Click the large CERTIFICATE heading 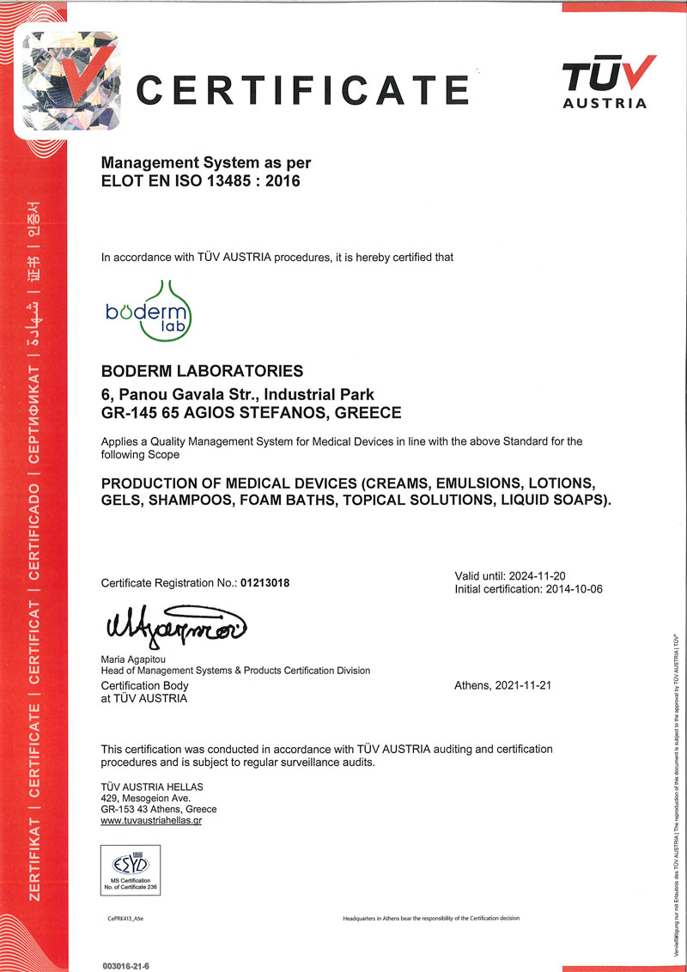(x=302, y=88)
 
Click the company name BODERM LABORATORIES (x=202, y=371)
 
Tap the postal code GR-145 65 (x=141, y=412)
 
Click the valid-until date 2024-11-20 (x=533, y=575)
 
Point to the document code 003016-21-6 (x=131, y=965)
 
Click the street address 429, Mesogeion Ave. (x=145, y=798)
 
